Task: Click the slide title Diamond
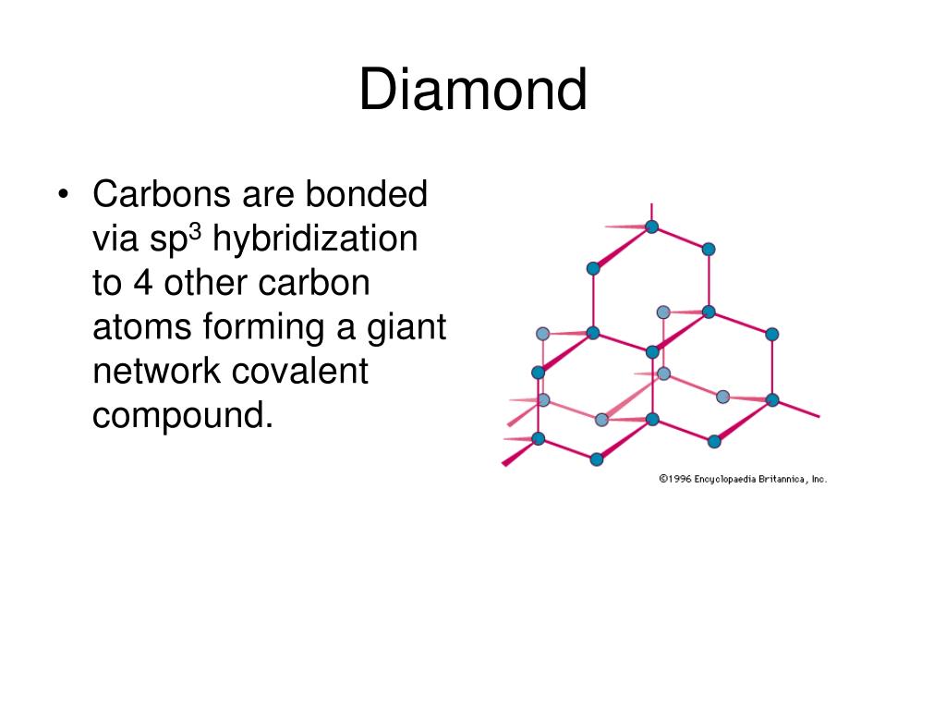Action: tap(473, 91)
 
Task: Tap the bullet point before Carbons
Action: tap(63, 195)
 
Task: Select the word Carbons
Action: tap(161, 195)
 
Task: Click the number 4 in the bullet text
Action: tap(143, 283)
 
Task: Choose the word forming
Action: tap(253, 327)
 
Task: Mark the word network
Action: tap(156, 371)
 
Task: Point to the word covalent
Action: tap(299, 371)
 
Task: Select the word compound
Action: tap(182, 415)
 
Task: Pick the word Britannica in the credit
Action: tap(782, 479)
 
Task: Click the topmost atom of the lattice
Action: tap(651, 226)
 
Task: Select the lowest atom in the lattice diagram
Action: tap(596, 459)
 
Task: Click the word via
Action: tap(115, 239)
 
